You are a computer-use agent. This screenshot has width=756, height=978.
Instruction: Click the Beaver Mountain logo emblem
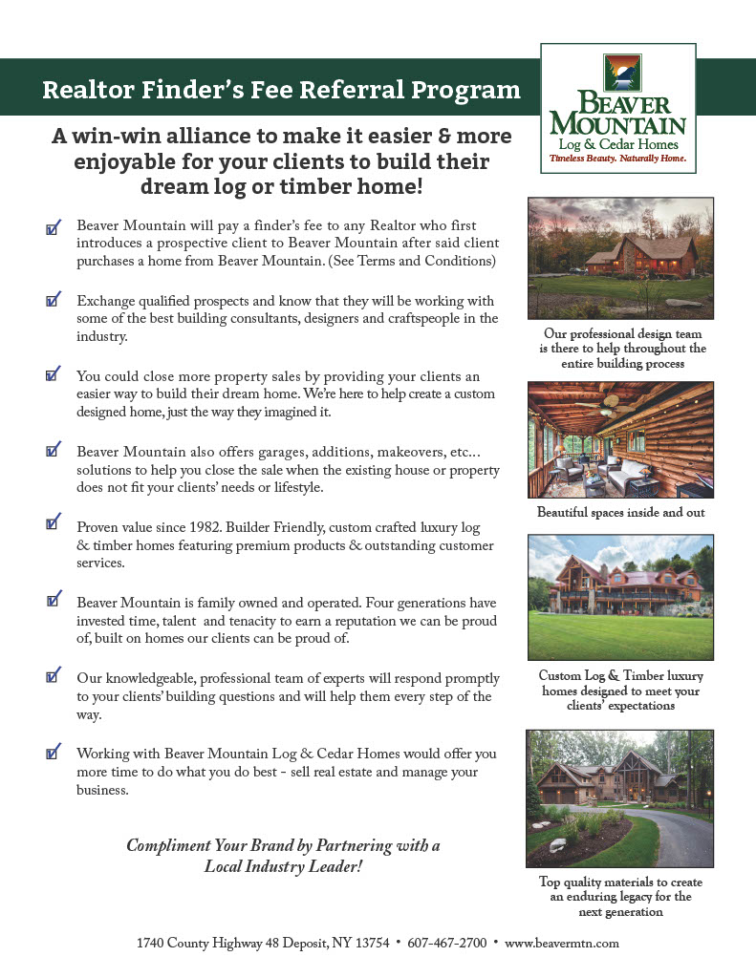tap(622, 73)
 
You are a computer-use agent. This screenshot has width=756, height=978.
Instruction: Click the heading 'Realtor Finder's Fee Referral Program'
tap(282, 91)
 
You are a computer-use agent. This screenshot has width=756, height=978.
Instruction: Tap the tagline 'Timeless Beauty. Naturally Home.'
tap(617, 158)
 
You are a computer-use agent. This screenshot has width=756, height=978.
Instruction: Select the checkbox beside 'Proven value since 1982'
tap(54, 524)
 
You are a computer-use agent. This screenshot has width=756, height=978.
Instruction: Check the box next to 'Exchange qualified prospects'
tap(54, 301)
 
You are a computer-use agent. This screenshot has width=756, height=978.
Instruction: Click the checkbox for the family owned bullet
tap(54, 601)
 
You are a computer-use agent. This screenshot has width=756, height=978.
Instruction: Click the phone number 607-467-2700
tap(447, 943)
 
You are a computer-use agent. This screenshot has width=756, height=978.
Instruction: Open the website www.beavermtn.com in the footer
tap(562, 943)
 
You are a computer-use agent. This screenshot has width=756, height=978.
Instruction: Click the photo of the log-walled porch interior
tap(620, 440)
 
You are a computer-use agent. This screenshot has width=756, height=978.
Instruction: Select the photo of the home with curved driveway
tap(620, 797)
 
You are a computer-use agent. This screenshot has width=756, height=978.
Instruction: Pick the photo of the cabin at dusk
tap(620, 257)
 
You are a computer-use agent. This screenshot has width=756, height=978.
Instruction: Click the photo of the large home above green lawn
tap(620, 597)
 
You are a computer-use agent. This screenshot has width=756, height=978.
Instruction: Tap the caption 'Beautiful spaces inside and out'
tap(620, 513)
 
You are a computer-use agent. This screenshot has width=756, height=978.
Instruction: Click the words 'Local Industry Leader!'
tap(284, 867)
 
